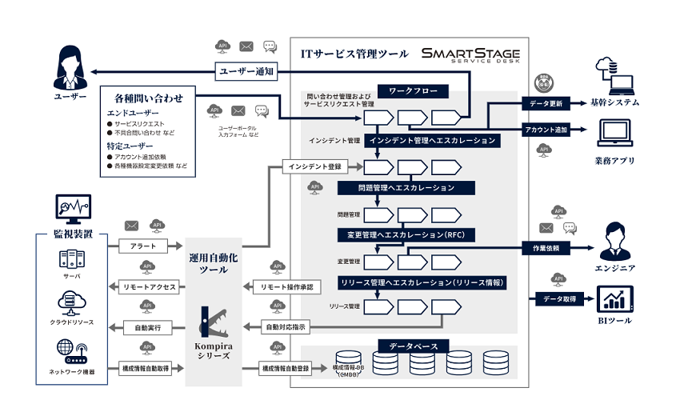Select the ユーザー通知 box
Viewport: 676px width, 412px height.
pos(246,71)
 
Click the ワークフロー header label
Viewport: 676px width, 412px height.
pos(413,92)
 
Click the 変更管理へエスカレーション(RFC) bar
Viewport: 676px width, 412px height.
pos(406,235)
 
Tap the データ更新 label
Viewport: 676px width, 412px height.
pos(546,104)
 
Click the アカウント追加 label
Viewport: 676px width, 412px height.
pos(546,130)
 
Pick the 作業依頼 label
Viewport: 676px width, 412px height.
pos(546,249)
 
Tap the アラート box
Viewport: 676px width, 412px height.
pos(142,245)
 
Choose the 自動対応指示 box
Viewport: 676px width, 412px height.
pos(286,327)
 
